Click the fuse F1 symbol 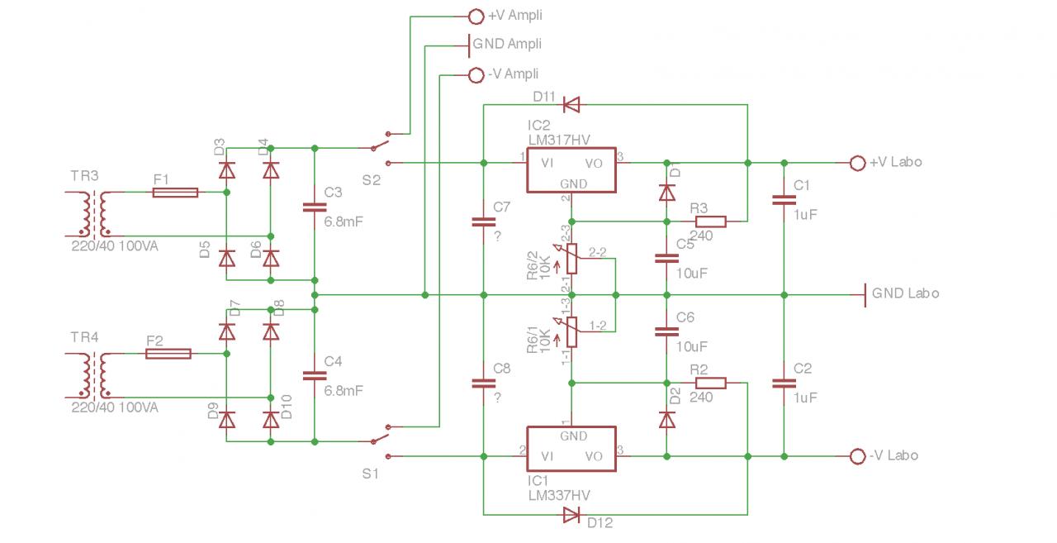pyautogui.click(x=175, y=193)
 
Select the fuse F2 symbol pyautogui.click(x=168, y=354)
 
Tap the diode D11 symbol pyautogui.click(x=571, y=105)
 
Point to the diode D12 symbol pyautogui.click(x=571, y=516)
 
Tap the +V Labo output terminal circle pyautogui.click(x=857, y=163)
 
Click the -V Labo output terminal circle pyautogui.click(x=857, y=456)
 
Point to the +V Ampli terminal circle pyautogui.click(x=476, y=16)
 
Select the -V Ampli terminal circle pyautogui.click(x=476, y=75)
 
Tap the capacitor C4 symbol pyautogui.click(x=315, y=375)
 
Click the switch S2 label pyautogui.click(x=371, y=181)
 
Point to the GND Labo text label pyautogui.click(x=905, y=293)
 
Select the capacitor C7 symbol pyautogui.click(x=483, y=221)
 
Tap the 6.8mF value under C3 pyautogui.click(x=344, y=222)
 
